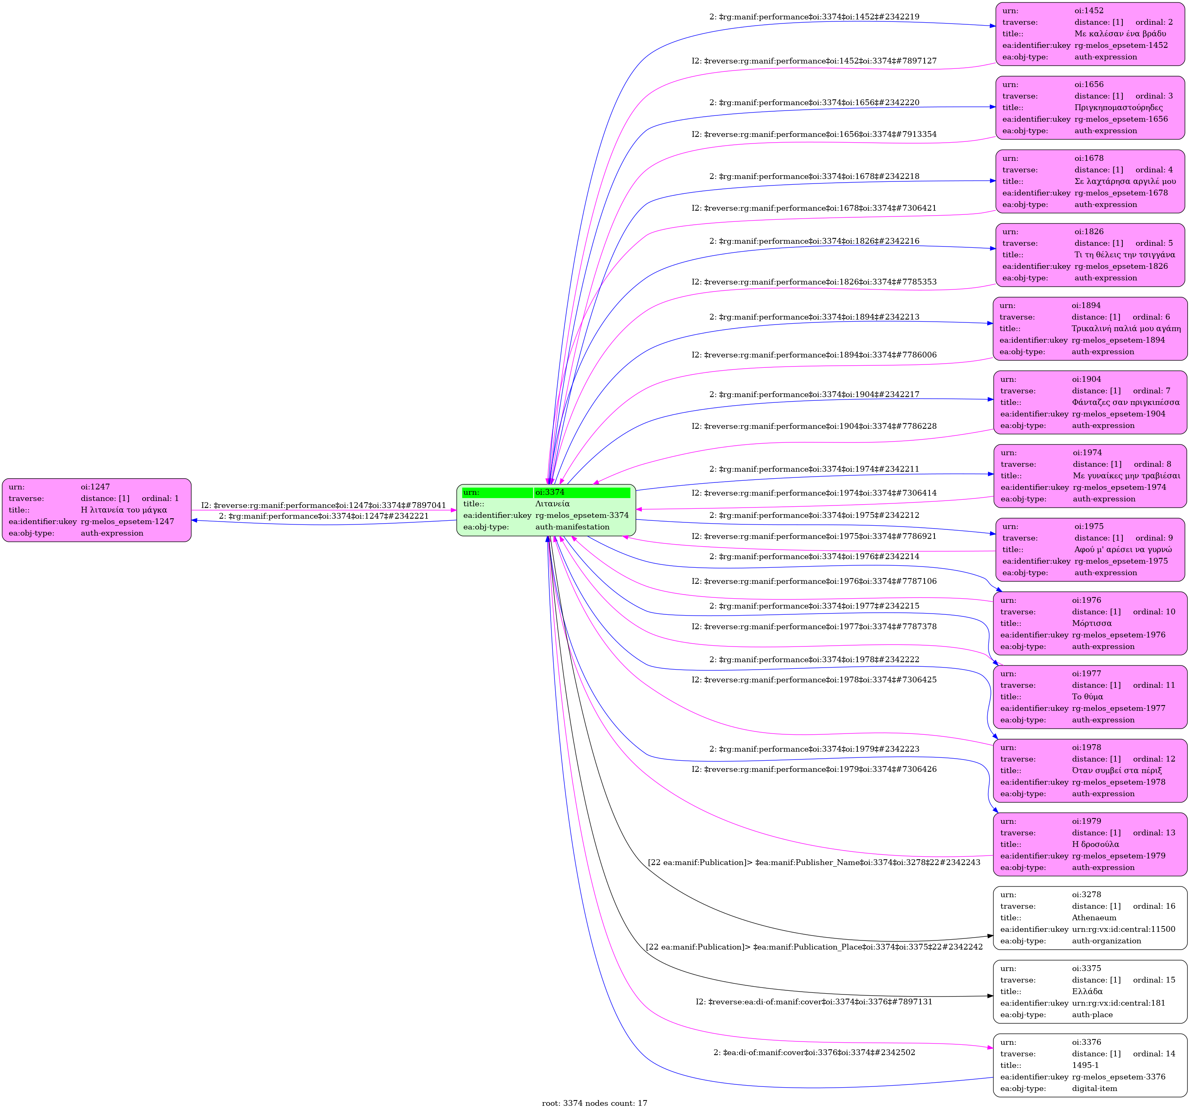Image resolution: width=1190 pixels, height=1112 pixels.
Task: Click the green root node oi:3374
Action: click(546, 510)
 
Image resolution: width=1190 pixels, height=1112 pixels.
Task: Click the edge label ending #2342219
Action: click(814, 17)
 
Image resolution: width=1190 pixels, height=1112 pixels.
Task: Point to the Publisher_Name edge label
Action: click(814, 862)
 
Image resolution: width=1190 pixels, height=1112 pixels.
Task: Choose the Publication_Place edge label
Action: click(814, 947)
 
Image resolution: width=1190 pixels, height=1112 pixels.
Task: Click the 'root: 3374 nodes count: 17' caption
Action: click(594, 1103)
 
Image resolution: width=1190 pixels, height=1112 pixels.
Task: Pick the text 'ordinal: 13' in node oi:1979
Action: click(1153, 833)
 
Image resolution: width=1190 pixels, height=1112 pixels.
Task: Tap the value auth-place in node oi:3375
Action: click(1092, 1014)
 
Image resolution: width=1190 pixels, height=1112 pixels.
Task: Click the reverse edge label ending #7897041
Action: click(323, 505)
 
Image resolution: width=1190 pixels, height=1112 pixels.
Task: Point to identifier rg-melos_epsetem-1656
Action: click(1121, 119)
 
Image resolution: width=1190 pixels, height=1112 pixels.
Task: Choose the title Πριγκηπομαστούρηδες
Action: click(1118, 108)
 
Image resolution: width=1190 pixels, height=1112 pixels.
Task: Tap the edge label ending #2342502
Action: click(814, 1052)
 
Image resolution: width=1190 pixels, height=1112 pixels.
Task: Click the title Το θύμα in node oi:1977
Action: click(1087, 696)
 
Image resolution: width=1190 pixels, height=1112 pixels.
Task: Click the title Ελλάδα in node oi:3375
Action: click(1087, 992)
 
